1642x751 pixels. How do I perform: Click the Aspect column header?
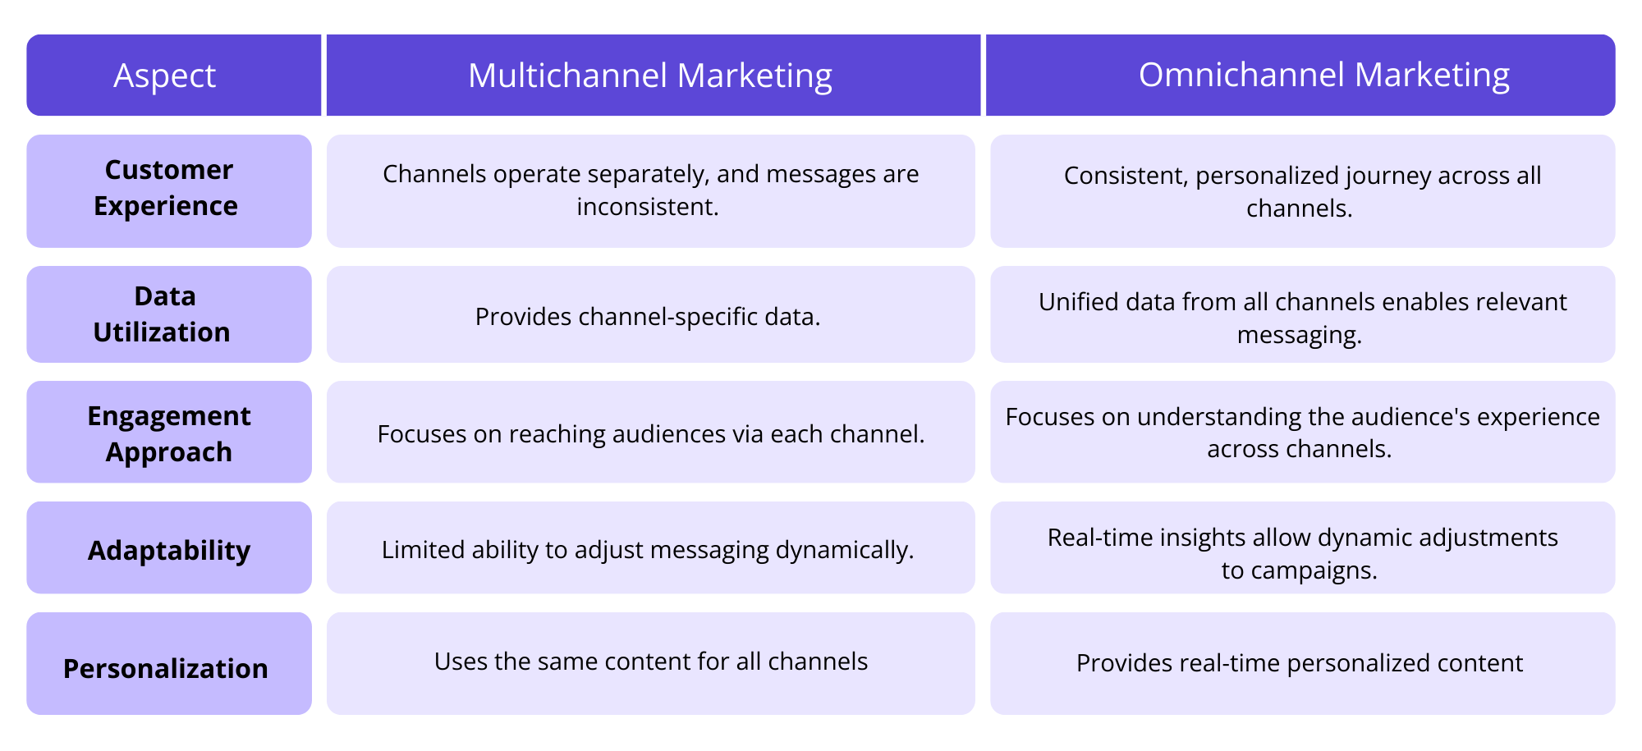pyautogui.click(x=165, y=76)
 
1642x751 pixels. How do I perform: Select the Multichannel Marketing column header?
pyautogui.click(x=649, y=76)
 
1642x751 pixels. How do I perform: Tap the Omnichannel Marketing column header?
pyautogui.click(x=1323, y=75)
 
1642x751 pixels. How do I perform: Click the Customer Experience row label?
pyautogui.click(x=166, y=188)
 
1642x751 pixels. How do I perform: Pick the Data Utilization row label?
pyautogui.click(x=163, y=314)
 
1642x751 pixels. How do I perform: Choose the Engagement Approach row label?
pyautogui.click(x=168, y=433)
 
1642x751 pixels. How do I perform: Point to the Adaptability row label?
pyautogui.click(x=169, y=550)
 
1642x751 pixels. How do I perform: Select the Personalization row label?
pyautogui.click(x=166, y=668)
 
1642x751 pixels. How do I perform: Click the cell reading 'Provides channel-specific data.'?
pyautogui.click(x=648, y=317)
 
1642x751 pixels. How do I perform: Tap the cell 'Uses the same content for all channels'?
pyautogui.click(x=650, y=662)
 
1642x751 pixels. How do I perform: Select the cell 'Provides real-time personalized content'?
pyautogui.click(x=1299, y=663)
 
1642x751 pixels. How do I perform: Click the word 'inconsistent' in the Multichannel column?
pyautogui.click(x=645, y=207)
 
